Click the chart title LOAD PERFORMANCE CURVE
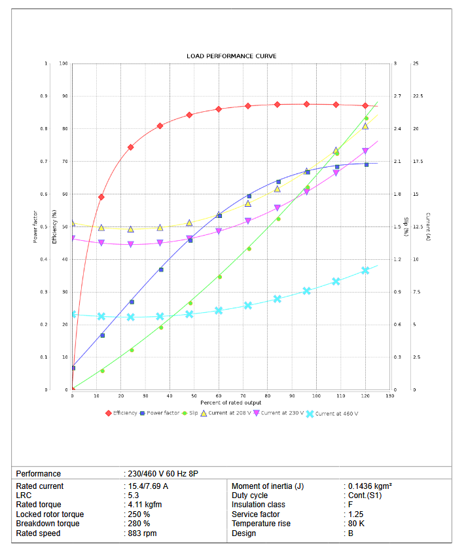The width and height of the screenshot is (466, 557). click(231, 56)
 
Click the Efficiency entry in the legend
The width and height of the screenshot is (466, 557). click(125, 413)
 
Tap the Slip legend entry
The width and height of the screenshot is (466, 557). click(194, 413)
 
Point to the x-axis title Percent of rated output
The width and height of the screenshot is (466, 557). click(231, 402)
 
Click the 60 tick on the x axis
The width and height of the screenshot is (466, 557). click(219, 396)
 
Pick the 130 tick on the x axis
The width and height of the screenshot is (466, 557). click(390, 396)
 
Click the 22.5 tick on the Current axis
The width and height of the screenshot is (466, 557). click(418, 96)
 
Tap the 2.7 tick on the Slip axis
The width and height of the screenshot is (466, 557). click(397, 96)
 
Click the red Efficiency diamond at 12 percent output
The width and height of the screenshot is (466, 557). click(101, 197)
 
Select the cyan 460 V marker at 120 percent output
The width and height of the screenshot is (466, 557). click(365, 270)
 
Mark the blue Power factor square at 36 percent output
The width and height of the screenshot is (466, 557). click(160, 270)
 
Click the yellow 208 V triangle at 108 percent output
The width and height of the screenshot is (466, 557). click(336, 151)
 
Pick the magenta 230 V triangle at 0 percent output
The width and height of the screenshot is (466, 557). click(73, 238)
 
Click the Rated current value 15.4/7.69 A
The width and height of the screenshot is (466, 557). click(147, 486)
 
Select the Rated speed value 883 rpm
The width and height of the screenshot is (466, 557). click(142, 533)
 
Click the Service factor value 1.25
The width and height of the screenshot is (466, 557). click(357, 514)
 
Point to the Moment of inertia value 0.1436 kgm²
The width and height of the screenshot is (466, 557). click(369, 486)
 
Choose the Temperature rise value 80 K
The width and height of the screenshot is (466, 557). click(357, 524)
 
